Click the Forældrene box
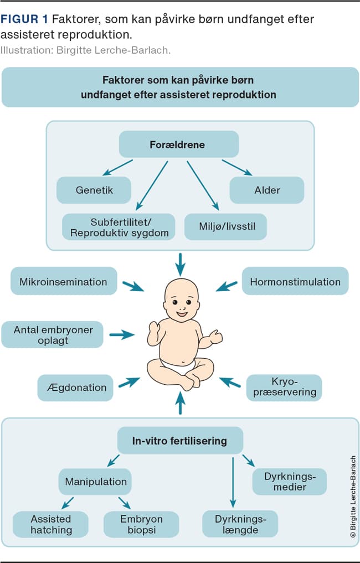pos(178,145)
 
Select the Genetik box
pos(94,190)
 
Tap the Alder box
pos(267,190)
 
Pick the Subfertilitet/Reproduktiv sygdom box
pos(119,227)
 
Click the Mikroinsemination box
pos(64,281)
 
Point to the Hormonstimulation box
pos(295,281)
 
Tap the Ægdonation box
pos(76,388)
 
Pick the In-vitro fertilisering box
pos(180,441)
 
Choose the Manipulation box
pos(96,482)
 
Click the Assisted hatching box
pos(51,524)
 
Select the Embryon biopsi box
pos(141,524)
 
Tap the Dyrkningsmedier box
pos(290,482)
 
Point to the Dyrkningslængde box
pos(240,524)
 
